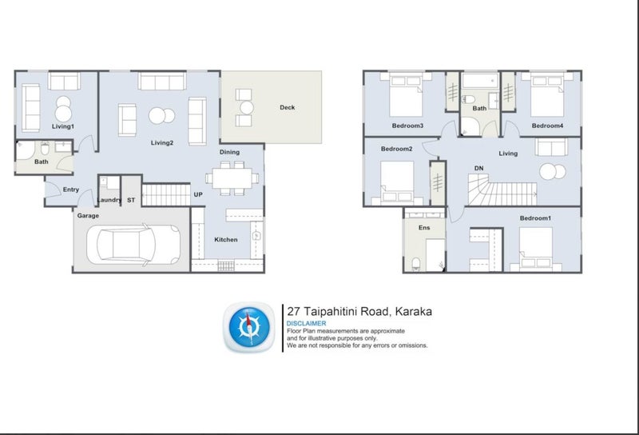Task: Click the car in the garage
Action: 133,245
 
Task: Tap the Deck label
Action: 287,107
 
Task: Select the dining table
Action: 232,178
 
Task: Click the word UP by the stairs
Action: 198,194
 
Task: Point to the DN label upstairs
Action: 478,168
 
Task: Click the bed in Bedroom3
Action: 406,94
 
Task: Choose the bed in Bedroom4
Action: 547,94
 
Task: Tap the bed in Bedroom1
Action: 536,249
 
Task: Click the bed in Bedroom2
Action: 397,183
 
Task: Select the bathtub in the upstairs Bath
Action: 480,81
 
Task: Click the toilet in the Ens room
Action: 416,264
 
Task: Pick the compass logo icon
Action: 248,327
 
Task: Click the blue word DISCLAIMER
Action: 306,323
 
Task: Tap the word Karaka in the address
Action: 414,312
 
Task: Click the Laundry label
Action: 109,200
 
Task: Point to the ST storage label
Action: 131,200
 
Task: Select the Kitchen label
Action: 226,240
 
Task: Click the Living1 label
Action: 63,126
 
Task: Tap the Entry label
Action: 71,190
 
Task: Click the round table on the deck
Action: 247,108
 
